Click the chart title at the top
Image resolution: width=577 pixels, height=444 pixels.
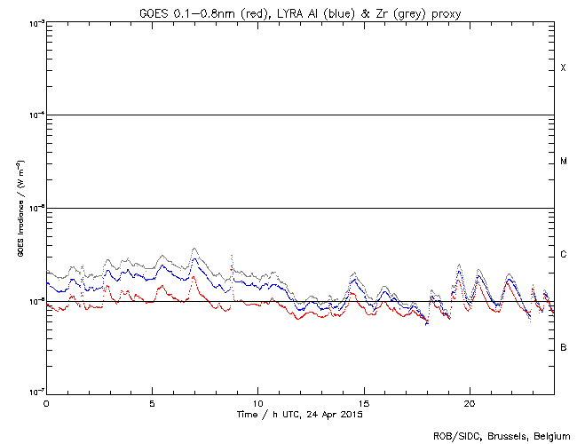[x=300, y=12]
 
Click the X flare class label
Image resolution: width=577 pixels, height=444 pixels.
[x=563, y=68]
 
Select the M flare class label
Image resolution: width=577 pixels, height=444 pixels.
[x=563, y=162]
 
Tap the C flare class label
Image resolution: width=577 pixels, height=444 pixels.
[x=563, y=255]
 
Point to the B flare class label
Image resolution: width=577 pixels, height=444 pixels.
[x=563, y=347]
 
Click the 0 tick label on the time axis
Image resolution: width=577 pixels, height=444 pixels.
[x=46, y=403]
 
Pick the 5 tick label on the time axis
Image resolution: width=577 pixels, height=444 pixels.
[x=152, y=403]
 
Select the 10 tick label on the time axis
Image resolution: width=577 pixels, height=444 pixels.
[x=257, y=403]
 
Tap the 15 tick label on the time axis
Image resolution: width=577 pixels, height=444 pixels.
[x=363, y=403]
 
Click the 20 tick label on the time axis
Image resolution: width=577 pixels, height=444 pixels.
[x=469, y=403]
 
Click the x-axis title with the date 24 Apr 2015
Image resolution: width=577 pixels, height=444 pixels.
[x=300, y=415]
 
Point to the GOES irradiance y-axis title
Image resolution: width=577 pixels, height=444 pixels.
[x=19, y=208]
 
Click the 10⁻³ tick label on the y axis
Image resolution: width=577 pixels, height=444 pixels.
[x=33, y=23]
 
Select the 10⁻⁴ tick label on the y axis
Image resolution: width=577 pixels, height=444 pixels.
[x=33, y=115]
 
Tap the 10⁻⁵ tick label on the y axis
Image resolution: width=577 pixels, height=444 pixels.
[x=33, y=209]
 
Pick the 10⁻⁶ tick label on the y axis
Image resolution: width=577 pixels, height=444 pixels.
[x=33, y=301]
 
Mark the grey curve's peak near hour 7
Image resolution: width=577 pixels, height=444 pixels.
[x=194, y=249]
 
